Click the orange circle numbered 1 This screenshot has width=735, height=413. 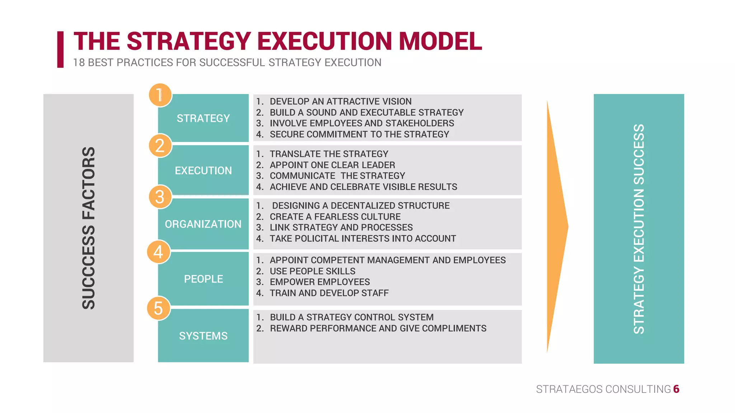160,95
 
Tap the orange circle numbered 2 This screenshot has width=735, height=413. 160,146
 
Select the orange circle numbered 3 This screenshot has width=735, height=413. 160,197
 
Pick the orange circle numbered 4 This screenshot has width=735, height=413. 159,252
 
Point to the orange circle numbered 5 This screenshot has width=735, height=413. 159,308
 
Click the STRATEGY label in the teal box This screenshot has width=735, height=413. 203,118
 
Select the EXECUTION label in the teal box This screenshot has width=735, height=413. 203,171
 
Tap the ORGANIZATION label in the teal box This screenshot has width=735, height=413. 203,224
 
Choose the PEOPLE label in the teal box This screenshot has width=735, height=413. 203,279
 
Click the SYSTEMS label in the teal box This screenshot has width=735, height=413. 203,336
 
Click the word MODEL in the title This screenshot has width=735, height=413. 440,41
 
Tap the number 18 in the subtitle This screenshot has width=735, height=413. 79,63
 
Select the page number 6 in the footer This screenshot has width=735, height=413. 676,389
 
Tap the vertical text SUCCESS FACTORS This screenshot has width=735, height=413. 89,228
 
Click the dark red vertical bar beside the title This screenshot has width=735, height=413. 60,49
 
